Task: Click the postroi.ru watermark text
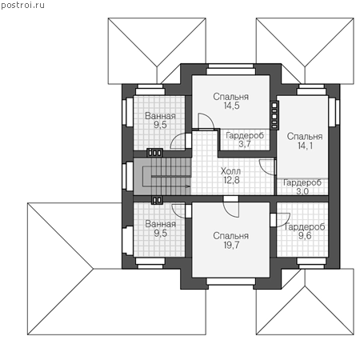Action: (22, 5)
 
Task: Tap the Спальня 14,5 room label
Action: (231, 101)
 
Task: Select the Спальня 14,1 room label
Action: (305, 141)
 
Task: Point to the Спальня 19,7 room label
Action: (231, 240)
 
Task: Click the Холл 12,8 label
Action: (231, 175)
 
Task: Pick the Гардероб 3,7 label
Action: (245, 139)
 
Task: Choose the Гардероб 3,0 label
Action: (302, 186)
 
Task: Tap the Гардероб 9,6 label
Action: (305, 231)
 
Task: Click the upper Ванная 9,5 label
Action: (160, 120)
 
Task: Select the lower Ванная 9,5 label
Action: (160, 229)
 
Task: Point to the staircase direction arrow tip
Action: (190, 186)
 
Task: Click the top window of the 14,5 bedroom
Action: (231, 69)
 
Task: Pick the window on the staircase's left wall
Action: (127, 176)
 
